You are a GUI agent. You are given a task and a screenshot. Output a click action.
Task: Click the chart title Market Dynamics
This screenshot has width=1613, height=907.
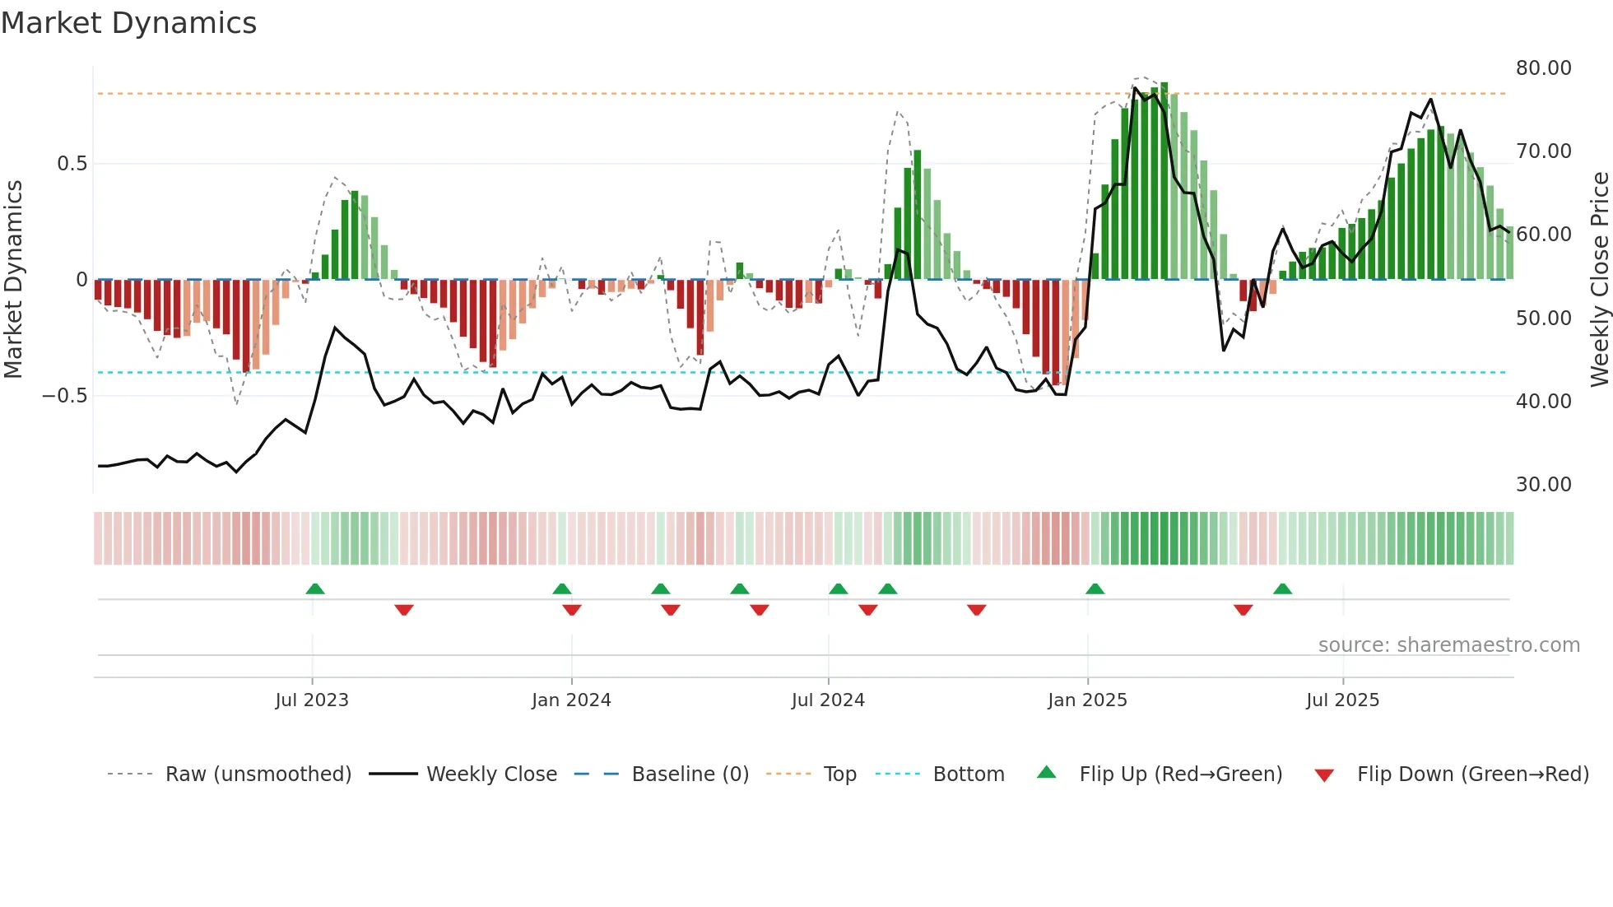128,23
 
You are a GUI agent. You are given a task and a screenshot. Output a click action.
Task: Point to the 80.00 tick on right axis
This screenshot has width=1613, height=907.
1543,68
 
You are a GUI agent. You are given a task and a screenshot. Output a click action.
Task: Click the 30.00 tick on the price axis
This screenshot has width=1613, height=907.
1543,485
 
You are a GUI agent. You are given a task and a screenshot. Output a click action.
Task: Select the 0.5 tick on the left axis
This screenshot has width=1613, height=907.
72,164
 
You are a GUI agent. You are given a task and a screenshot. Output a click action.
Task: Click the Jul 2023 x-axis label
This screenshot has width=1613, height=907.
312,700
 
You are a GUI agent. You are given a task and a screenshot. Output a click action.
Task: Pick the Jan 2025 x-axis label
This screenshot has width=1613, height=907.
1087,700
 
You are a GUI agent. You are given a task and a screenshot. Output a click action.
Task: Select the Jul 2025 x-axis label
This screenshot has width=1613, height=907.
1342,700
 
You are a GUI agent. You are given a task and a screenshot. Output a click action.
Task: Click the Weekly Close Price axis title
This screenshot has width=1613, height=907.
1599,280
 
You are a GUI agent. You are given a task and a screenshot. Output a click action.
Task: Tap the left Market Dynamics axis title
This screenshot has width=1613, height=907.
14,280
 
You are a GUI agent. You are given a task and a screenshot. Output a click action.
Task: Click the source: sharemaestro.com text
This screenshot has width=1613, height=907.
1448,645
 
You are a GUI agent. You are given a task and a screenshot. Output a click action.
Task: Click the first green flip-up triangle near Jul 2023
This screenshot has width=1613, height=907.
315,588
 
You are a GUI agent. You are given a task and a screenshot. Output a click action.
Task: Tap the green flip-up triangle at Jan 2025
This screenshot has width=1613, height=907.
1095,588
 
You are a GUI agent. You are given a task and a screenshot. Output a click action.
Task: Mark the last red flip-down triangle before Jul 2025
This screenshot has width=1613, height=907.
1243,610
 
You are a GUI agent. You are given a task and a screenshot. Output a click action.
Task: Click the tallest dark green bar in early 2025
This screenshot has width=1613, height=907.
1164,181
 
